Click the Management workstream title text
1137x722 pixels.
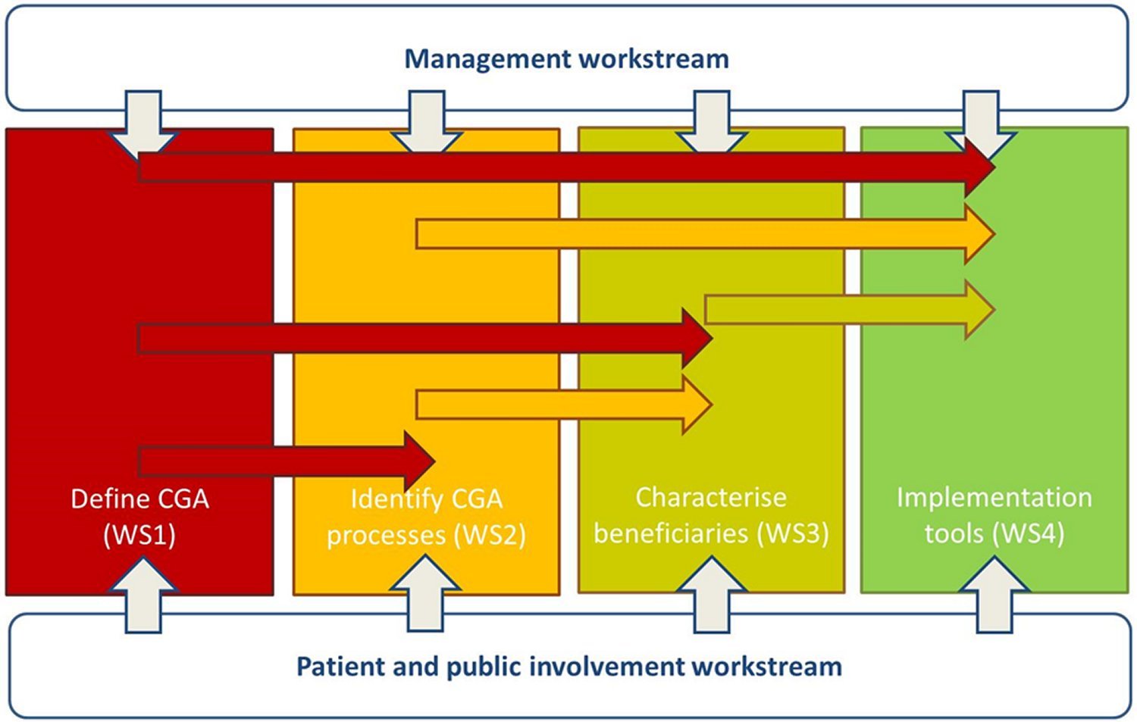566,58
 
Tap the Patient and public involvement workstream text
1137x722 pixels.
568,667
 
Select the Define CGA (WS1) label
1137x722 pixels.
139,517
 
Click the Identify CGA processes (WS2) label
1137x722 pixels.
426,517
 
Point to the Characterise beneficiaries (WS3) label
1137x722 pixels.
711,515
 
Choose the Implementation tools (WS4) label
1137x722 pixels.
994,515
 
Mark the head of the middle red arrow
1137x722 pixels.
701,338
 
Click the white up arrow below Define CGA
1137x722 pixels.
143,595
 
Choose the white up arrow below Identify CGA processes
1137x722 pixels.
426,595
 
